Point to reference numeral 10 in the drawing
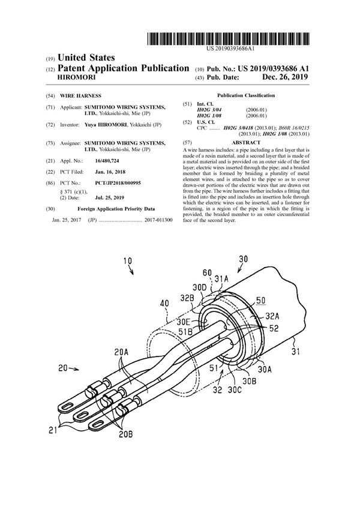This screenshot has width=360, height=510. pyautogui.click(x=128, y=261)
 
